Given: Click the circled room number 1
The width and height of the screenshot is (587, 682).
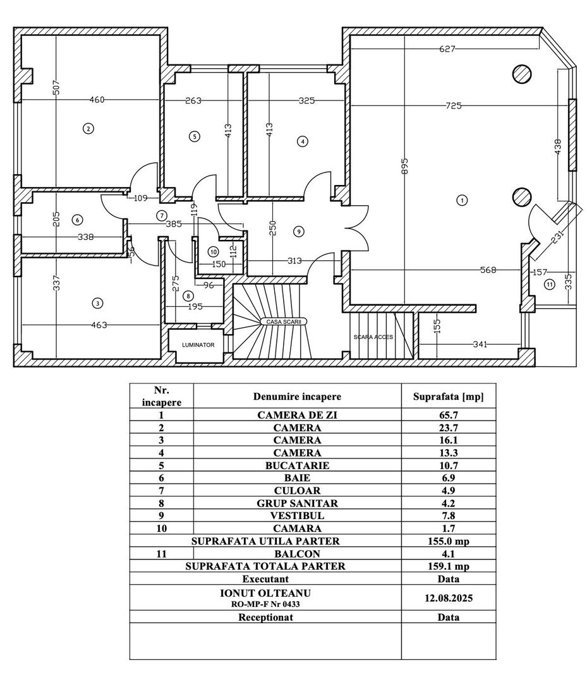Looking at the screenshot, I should click(x=462, y=200).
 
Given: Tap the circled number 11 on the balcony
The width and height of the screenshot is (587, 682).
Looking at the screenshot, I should click(x=549, y=284).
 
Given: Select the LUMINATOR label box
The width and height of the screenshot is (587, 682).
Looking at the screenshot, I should click(x=198, y=345).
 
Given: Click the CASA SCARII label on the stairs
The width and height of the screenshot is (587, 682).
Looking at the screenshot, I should click(x=282, y=321).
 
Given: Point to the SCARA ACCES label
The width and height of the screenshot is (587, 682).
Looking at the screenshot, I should click(x=373, y=337).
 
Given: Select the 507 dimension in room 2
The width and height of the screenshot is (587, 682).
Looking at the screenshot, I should click(x=56, y=88).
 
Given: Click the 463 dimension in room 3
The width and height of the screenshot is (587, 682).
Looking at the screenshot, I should click(x=99, y=325).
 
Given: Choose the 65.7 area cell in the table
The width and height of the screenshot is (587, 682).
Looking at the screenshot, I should click(x=448, y=416).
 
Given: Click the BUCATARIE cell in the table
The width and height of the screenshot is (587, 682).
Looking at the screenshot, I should click(x=297, y=465).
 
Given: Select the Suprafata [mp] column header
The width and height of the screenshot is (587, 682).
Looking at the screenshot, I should click(x=448, y=397).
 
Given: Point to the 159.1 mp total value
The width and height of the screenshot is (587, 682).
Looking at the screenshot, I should click(x=448, y=566).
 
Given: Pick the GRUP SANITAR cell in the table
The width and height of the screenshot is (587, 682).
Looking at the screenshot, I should click(x=297, y=503).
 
